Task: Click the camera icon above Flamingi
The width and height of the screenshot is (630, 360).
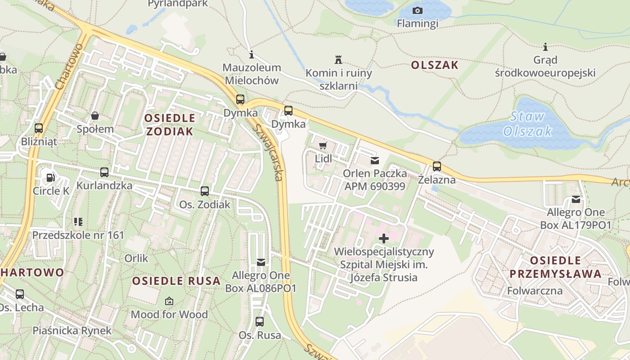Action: pos(417,10)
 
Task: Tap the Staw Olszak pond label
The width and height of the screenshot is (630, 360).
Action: pos(527,124)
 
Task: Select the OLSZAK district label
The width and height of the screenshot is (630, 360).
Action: pos(434,65)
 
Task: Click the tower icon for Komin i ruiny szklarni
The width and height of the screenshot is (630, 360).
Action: pos(338,59)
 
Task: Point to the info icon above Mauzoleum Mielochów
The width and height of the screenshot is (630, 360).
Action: pos(252,55)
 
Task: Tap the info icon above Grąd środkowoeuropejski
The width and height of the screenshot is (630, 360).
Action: pos(545,47)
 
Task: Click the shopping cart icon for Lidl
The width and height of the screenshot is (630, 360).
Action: pos(323,145)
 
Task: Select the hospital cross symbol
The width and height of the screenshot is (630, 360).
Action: pos(383,238)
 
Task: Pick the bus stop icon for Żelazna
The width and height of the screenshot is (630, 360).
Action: pos(436,166)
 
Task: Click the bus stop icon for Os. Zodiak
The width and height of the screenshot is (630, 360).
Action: pos(205,191)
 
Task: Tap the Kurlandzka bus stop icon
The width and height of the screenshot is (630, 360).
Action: pos(104,172)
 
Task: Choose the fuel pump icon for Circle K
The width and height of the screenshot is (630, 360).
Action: pos(51,178)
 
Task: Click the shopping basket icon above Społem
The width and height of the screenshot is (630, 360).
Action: pos(95,116)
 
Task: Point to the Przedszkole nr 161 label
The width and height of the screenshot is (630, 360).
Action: pos(78,235)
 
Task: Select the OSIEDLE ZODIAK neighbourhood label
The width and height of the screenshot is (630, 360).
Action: pos(170,125)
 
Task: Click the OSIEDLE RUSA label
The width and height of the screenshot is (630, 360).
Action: pos(176,281)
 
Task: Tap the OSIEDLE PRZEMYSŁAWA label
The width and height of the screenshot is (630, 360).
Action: pos(555,267)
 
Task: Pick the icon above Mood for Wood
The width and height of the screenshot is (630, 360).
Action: pos(169,301)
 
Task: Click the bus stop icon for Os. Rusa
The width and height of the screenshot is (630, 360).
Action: pos(260,322)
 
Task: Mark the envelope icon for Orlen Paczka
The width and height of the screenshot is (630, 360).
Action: pos(374,160)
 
